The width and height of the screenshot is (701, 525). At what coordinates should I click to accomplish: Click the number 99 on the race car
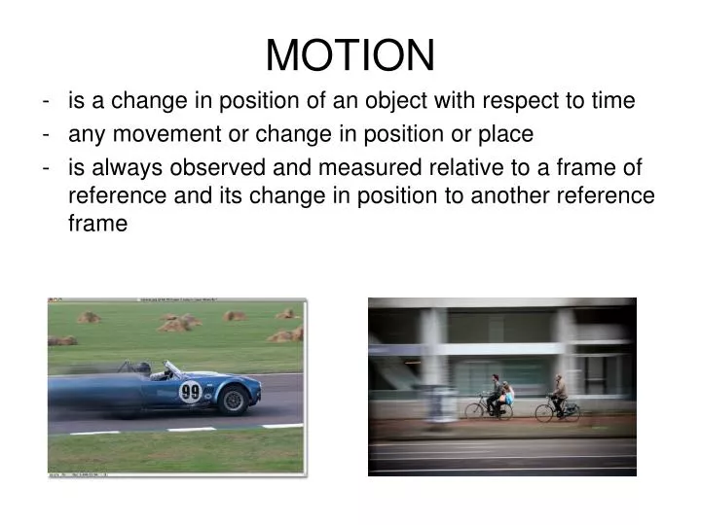coord(191,393)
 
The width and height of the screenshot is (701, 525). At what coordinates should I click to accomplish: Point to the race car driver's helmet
coord(145,368)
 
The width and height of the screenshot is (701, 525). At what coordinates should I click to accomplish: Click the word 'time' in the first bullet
coord(612,100)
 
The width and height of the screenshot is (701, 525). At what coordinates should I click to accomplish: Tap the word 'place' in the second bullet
coord(506,133)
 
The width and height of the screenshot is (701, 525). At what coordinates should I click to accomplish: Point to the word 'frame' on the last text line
coord(97,223)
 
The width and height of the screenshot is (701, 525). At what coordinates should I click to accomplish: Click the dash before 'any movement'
coord(48,133)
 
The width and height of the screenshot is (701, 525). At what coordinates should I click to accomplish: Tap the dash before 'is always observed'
coord(48,166)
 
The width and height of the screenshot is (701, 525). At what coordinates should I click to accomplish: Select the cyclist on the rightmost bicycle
coord(558,391)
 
